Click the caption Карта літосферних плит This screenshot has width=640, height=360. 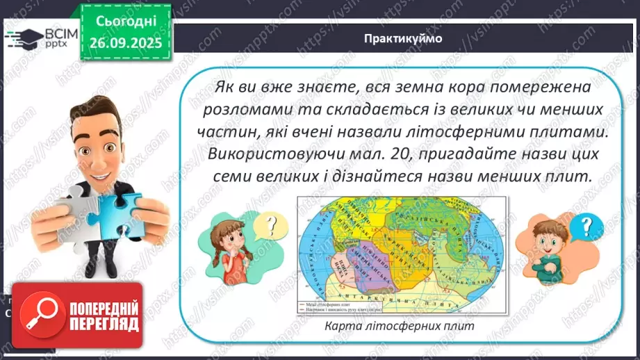[405, 326]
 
